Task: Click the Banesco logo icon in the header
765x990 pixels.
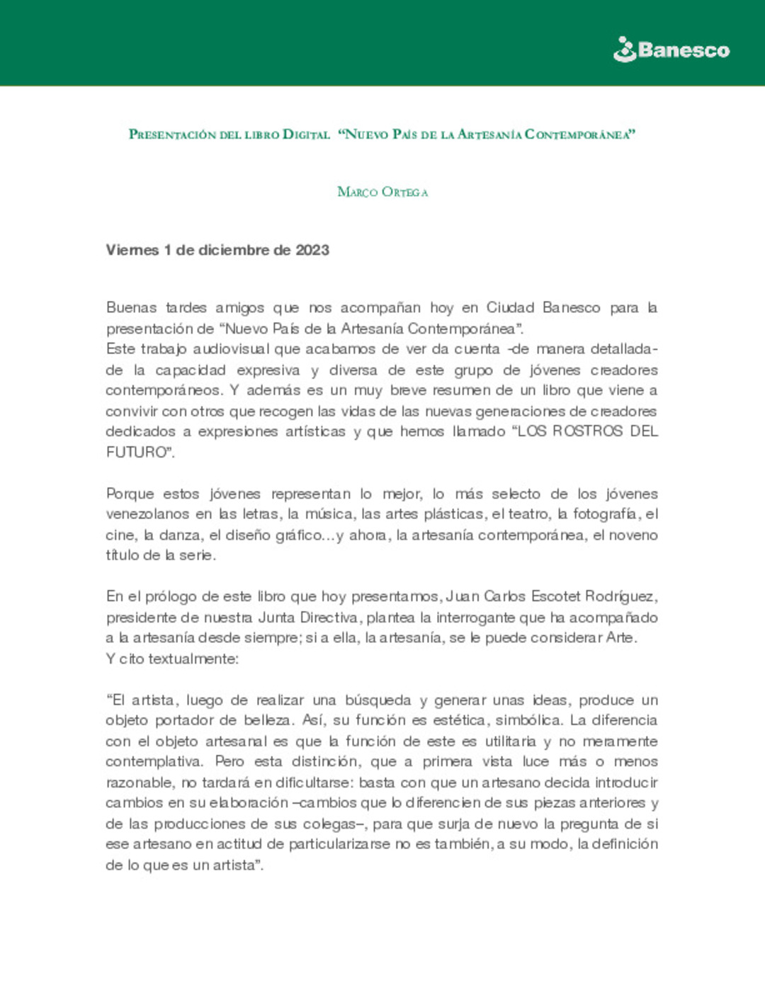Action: coord(625,50)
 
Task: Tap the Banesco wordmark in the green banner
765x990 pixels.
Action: coord(684,50)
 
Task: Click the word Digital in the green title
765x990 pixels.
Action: coord(306,134)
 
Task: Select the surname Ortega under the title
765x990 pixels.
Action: coord(404,192)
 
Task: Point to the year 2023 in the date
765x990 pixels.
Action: coord(312,250)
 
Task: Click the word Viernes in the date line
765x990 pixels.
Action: coord(132,250)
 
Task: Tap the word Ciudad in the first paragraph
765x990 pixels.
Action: coord(510,307)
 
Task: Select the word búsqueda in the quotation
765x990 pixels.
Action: coord(378,700)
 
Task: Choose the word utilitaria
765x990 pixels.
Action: coord(510,741)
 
